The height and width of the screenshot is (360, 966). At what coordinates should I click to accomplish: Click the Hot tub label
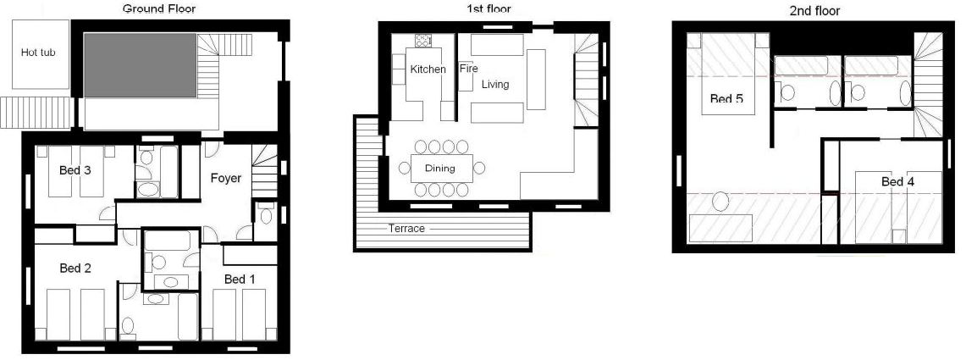click(x=38, y=53)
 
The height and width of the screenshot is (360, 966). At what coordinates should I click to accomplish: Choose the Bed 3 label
click(x=75, y=170)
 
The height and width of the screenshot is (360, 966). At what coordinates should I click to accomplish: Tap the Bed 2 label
click(x=75, y=269)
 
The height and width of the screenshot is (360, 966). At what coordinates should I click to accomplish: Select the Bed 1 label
click(x=240, y=279)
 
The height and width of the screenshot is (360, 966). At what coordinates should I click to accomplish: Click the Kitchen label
click(x=428, y=69)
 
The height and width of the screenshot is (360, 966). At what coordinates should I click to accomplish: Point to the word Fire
click(x=468, y=69)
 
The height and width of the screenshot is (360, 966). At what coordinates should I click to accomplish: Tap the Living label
click(x=496, y=85)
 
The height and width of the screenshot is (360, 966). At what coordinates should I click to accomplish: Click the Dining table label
click(x=439, y=169)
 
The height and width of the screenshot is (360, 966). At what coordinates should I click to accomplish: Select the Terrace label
click(x=406, y=229)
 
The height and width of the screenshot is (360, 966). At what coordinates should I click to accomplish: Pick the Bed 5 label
click(x=726, y=99)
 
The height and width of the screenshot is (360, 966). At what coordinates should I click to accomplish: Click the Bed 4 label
click(x=897, y=181)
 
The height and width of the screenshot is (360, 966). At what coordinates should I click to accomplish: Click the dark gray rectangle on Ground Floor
click(x=141, y=65)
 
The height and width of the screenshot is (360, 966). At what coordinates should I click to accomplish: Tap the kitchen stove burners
click(x=422, y=41)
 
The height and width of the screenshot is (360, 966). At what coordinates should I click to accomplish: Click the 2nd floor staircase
click(x=929, y=85)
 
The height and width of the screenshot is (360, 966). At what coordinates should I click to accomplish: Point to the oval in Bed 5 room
click(x=720, y=202)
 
